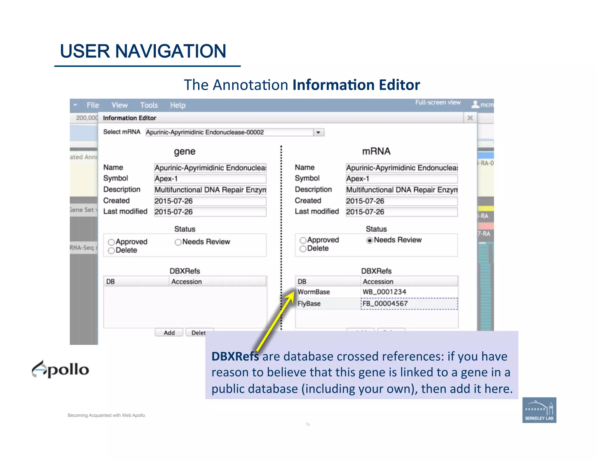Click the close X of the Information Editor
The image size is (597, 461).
[x=470, y=118]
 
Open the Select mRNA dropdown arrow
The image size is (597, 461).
[x=318, y=132]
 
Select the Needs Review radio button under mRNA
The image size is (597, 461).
[x=370, y=240]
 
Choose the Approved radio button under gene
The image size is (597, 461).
[x=111, y=242]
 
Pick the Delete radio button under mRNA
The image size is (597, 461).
[x=303, y=249]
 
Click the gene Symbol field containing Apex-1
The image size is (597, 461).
[x=210, y=179]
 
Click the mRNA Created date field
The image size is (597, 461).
[x=401, y=201]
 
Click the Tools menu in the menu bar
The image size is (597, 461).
[x=149, y=105]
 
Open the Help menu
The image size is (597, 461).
[x=178, y=105]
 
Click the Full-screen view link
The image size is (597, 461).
[x=438, y=103]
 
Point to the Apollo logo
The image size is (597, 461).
[x=60, y=369]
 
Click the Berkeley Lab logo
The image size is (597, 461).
[x=539, y=410]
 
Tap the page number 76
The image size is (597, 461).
[x=308, y=424]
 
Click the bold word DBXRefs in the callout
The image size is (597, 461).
[x=235, y=356]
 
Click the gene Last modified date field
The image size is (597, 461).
[x=210, y=212]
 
